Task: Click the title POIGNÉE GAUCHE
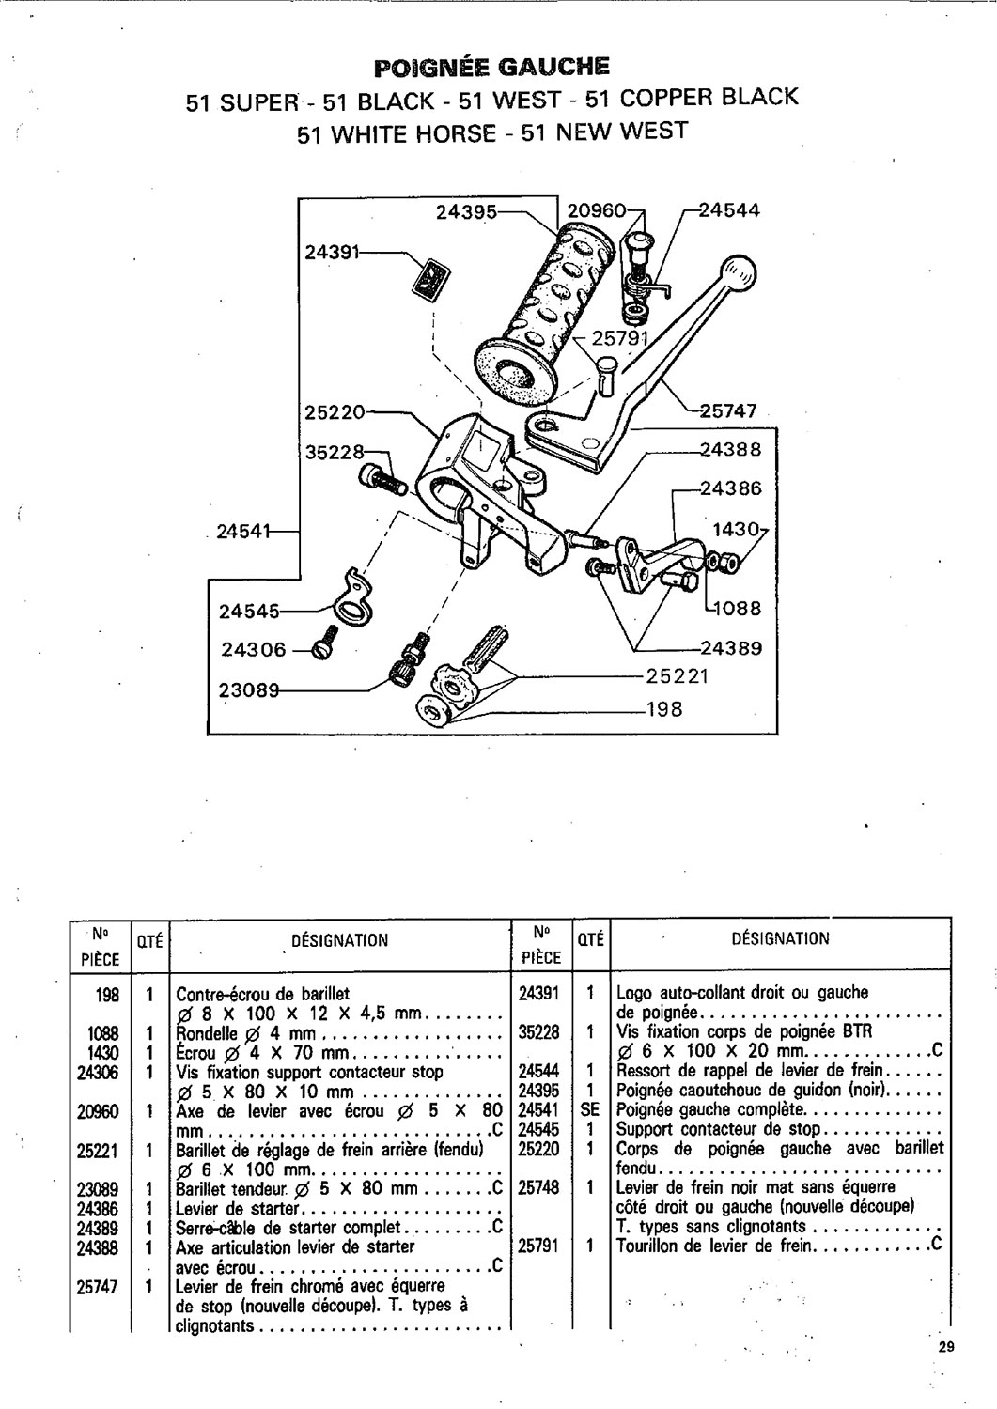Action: pyautogui.click(x=491, y=67)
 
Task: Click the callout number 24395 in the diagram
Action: pyautogui.click(x=467, y=212)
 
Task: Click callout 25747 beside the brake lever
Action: pyautogui.click(x=728, y=410)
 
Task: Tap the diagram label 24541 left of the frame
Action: pyautogui.click(x=243, y=532)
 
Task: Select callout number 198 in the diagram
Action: pyautogui.click(x=664, y=709)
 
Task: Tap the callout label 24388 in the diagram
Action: pyautogui.click(x=731, y=449)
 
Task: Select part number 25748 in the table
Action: pyautogui.click(x=538, y=1187)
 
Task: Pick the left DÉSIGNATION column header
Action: pyautogui.click(x=340, y=940)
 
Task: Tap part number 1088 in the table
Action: pyautogui.click(x=99, y=1033)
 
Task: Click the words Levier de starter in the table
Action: pyautogui.click(x=238, y=1208)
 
